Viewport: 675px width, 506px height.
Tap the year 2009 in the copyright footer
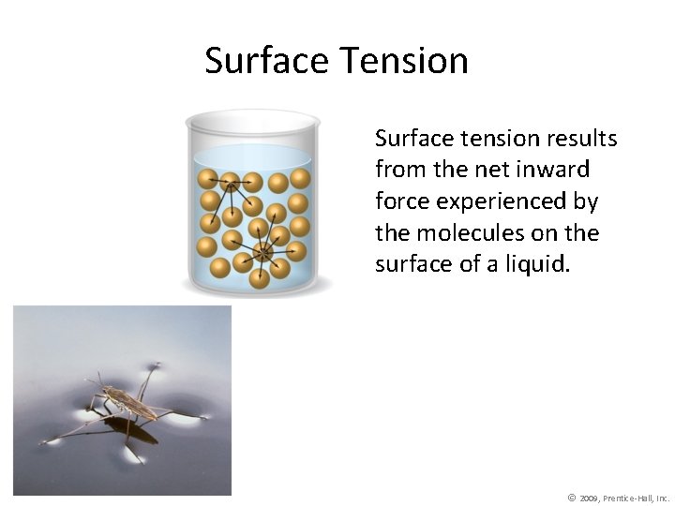pyautogui.click(x=590, y=498)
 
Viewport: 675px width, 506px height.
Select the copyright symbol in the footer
pyautogui.click(x=572, y=498)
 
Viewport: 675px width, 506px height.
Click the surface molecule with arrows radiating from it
pyautogui.click(x=230, y=181)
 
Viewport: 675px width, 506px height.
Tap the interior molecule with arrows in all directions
pyautogui.click(x=263, y=252)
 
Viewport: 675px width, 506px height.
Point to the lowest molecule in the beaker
pyautogui.click(x=260, y=277)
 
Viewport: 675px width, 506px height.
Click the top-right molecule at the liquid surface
pyautogui.click(x=300, y=178)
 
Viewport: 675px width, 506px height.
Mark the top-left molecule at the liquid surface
pyautogui.click(x=208, y=179)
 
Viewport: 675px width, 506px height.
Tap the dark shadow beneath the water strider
pyautogui.click(x=131, y=430)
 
